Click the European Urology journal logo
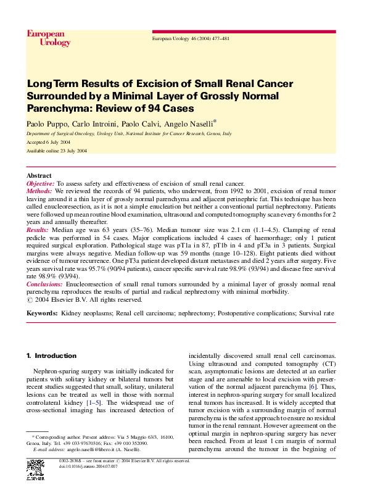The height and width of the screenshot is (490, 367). click(45, 38)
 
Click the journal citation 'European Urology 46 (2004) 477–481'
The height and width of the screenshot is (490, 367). click(191, 38)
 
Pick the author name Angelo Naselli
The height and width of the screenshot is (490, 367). click(188, 123)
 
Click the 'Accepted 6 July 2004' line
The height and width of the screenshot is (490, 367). click(48, 142)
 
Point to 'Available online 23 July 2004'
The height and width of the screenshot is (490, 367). click(57, 151)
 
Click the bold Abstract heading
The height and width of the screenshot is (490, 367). click(39, 176)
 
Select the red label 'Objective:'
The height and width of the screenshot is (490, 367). click(41, 184)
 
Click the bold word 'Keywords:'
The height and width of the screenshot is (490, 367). click(42, 314)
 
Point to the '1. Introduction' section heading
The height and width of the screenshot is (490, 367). click(52, 356)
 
